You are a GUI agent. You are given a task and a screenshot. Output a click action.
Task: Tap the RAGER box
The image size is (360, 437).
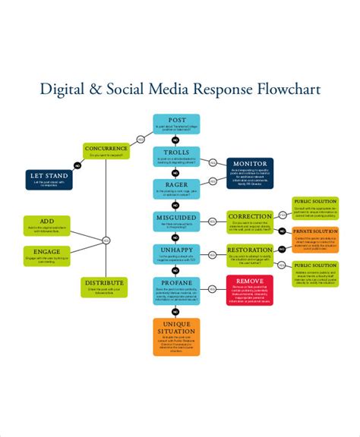click(x=176, y=188)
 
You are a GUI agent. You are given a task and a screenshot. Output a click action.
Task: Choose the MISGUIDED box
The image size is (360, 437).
click(x=176, y=222)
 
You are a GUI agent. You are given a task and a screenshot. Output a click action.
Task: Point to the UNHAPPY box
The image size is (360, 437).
click(x=176, y=254)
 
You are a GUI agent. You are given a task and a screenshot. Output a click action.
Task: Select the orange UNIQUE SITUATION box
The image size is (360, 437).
click(x=176, y=337)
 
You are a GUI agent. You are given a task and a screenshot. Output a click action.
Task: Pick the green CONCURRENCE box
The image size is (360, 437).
click(x=106, y=151)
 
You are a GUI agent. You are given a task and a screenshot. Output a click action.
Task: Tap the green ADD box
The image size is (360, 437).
click(x=47, y=225)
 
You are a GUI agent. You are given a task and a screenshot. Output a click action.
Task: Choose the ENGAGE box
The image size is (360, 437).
click(x=47, y=256)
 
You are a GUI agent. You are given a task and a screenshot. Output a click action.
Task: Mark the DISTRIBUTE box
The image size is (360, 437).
click(x=103, y=286)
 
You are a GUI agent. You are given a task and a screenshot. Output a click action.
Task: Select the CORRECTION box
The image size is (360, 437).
click(x=249, y=222)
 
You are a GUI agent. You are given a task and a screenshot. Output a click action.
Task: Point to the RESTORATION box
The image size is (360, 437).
click(x=249, y=254)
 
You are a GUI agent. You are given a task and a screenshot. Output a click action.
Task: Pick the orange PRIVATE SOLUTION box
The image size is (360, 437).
click(x=314, y=238)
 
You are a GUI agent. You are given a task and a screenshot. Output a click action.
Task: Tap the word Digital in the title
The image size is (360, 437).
click(x=64, y=90)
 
